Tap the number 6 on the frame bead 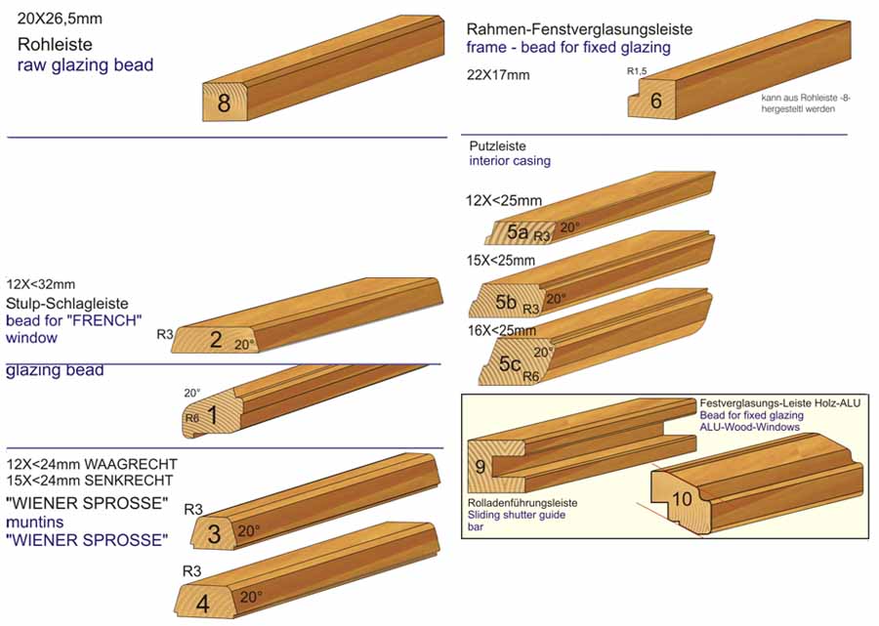pyautogui.click(x=655, y=101)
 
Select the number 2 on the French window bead pyautogui.click(x=216, y=339)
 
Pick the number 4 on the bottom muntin pyautogui.click(x=202, y=604)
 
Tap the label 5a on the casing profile pyautogui.click(x=517, y=232)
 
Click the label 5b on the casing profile pyautogui.click(x=505, y=302)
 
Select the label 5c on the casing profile pyautogui.click(x=510, y=364)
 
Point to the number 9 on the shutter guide pyautogui.click(x=481, y=466)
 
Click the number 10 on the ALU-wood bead pyautogui.click(x=681, y=499)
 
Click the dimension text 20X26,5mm pyautogui.click(x=58, y=20)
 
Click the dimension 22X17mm pyautogui.click(x=498, y=75)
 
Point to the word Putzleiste pyautogui.click(x=498, y=144)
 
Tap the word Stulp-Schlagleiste pyautogui.click(x=66, y=303)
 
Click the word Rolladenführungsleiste pyautogui.click(x=523, y=502)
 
